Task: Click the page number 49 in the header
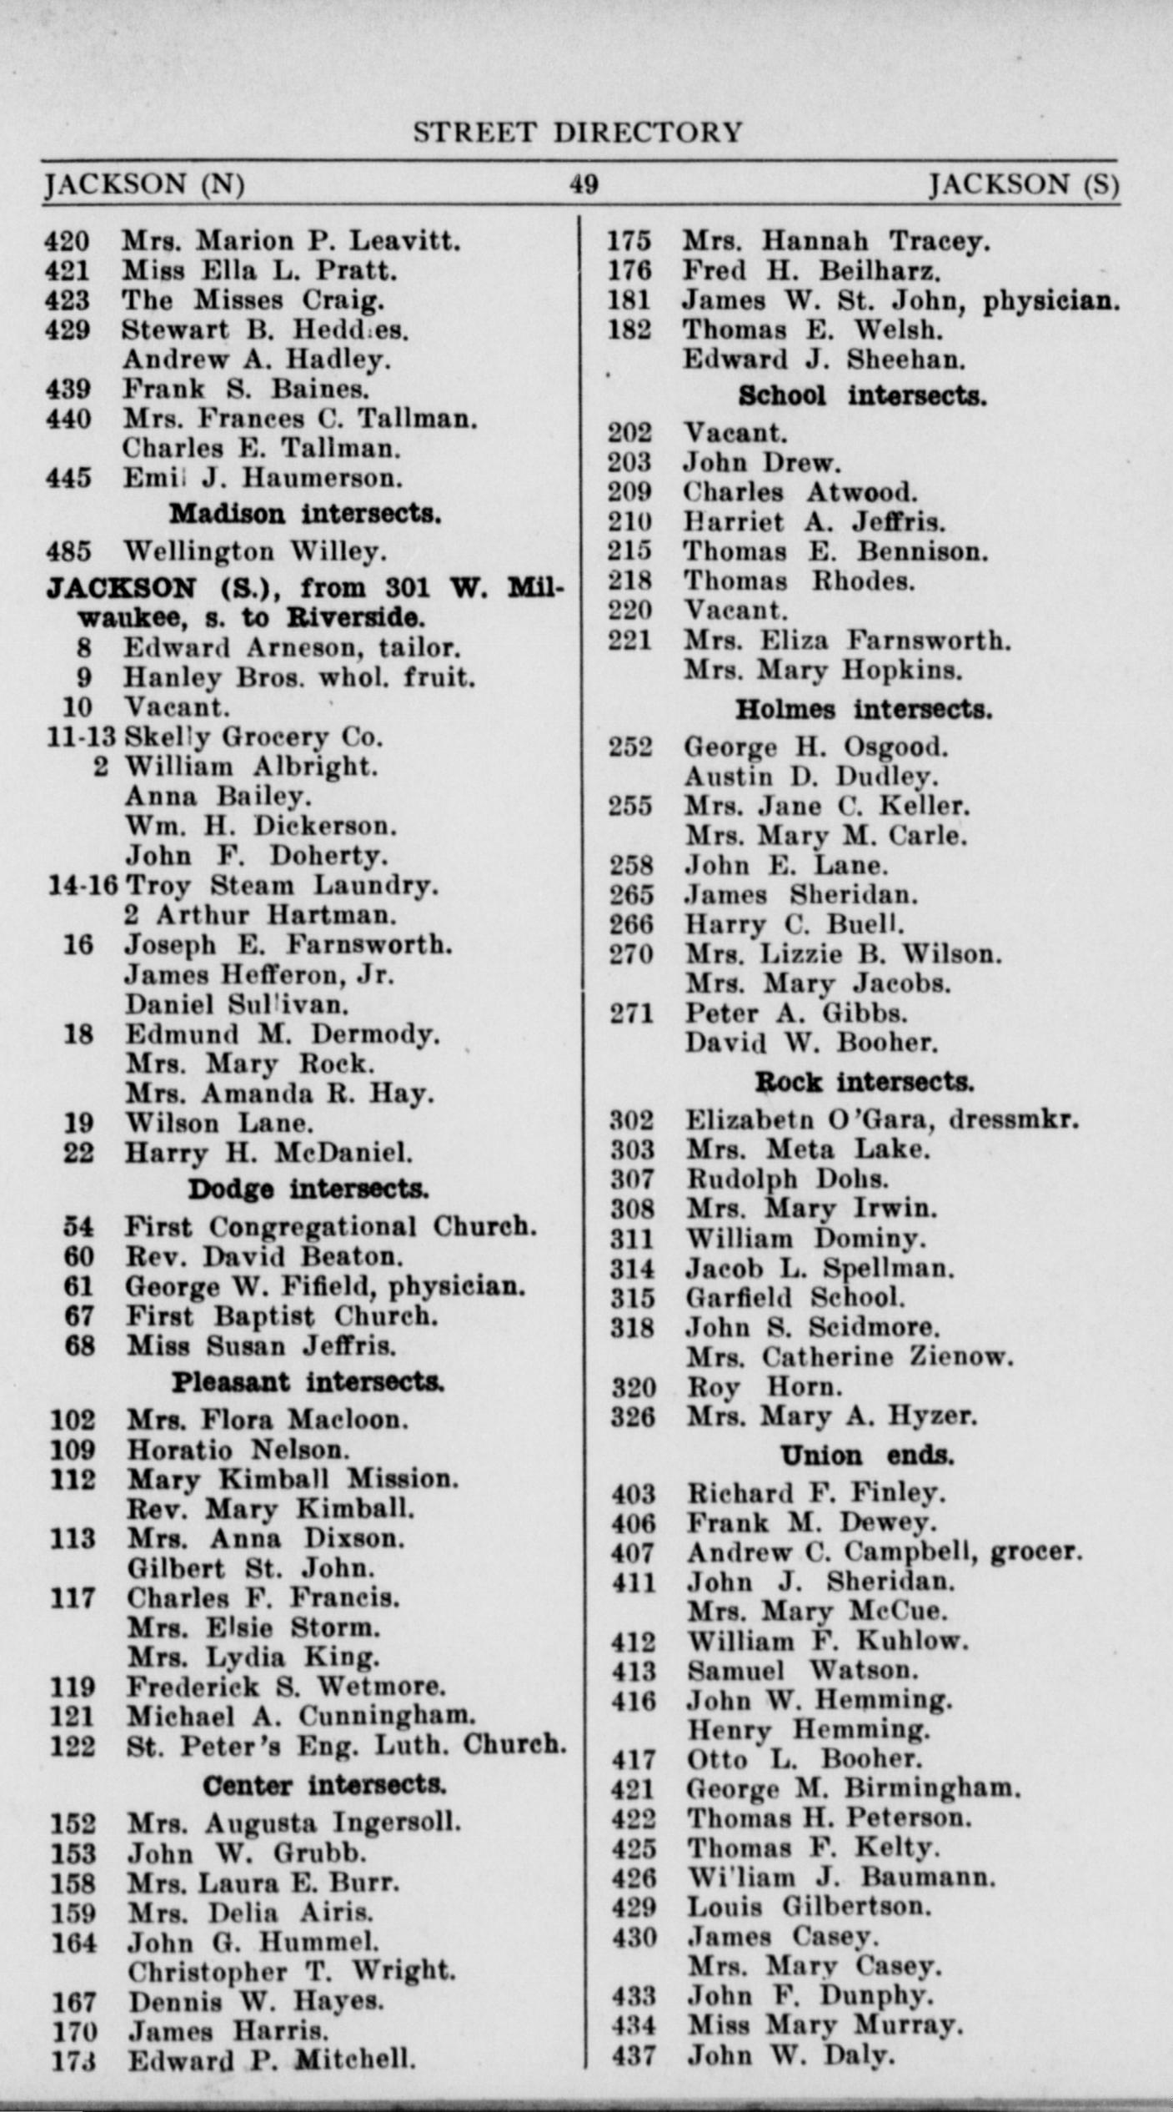click(x=584, y=184)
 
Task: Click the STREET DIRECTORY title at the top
click(x=577, y=133)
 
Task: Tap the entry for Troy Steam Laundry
click(x=281, y=885)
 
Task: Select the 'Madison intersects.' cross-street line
click(x=305, y=514)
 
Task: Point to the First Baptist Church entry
click(x=282, y=1316)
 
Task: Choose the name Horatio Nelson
click(x=238, y=1450)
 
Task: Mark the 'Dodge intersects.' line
click(x=308, y=1189)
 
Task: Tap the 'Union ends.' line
click(x=867, y=1456)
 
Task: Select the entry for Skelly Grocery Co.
click(x=253, y=737)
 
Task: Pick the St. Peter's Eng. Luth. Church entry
click(x=346, y=1745)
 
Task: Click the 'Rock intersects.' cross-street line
click(x=865, y=1083)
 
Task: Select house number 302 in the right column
click(x=632, y=1120)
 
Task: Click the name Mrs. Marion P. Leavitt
click(x=291, y=241)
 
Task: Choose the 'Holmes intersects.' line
click(x=864, y=710)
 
